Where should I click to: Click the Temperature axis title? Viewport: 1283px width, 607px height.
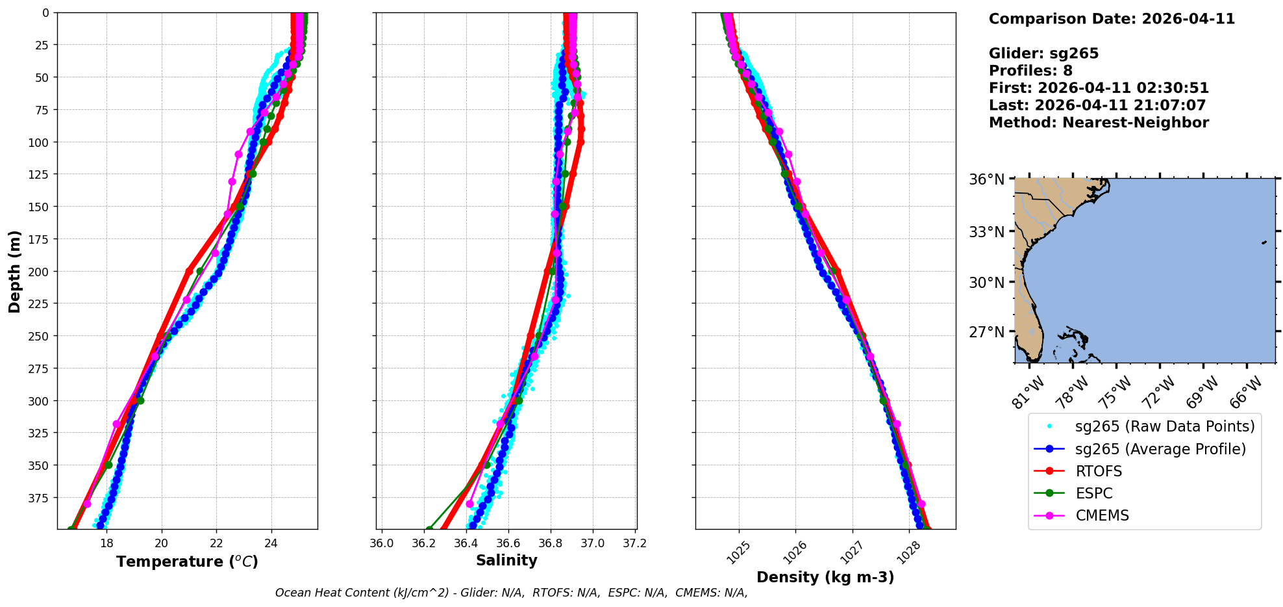[x=187, y=562]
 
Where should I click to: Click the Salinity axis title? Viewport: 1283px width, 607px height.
[x=506, y=560]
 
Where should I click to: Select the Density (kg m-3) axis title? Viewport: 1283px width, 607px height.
[x=825, y=577]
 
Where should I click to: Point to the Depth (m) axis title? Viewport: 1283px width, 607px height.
[x=14, y=271]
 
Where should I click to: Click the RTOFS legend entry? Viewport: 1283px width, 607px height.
[x=1099, y=471]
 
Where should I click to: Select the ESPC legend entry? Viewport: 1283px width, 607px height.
[x=1094, y=493]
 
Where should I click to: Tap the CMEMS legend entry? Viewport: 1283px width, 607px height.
[x=1102, y=515]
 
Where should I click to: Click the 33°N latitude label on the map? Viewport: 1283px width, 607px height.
[x=987, y=232]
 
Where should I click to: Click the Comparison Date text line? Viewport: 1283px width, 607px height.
[x=1112, y=19]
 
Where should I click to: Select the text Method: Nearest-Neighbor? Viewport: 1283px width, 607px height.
[x=1099, y=123]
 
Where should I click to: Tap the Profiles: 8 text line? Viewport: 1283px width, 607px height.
[x=1030, y=71]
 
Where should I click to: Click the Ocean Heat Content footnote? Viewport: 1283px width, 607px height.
[x=511, y=593]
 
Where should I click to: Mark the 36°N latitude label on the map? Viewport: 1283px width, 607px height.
[x=987, y=179]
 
